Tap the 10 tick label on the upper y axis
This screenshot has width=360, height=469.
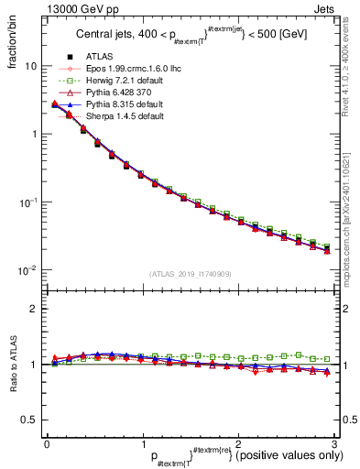click(30, 67)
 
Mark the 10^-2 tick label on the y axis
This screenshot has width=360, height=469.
click(28, 269)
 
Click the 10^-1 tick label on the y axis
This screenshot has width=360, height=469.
click(28, 202)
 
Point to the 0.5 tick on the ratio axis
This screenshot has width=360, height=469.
click(29, 420)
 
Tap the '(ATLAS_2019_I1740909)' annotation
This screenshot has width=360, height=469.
click(189, 274)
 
